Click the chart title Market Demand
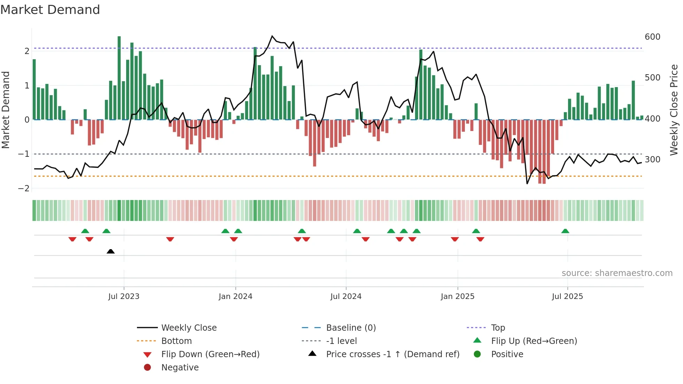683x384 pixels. coord(50,10)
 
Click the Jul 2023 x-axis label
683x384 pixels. coord(124,297)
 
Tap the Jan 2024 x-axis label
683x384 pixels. coord(236,297)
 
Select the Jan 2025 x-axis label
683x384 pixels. coord(458,297)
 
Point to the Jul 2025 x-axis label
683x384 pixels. coord(567,297)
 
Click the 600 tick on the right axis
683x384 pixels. coord(652,37)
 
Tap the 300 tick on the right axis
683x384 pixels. coord(652,160)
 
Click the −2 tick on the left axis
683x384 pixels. coord(24,189)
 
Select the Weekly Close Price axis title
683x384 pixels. coord(674,110)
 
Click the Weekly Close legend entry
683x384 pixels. coord(189,328)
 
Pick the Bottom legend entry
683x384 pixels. coord(176,341)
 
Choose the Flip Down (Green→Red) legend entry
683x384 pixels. coord(210,354)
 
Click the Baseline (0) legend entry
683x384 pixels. coord(351,328)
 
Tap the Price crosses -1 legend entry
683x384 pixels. coord(393,354)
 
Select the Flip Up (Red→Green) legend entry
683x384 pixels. coord(534,341)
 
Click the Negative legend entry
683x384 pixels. coord(180,368)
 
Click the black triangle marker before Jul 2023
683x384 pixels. coord(110,251)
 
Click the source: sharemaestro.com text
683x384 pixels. coord(617,273)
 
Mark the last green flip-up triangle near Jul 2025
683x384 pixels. coord(565,231)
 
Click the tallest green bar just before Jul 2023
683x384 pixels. coord(119,78)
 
